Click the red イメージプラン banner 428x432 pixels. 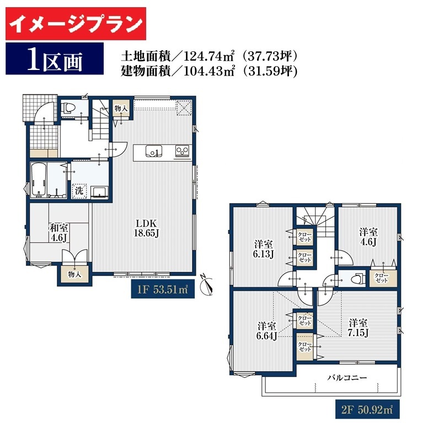(76, 24)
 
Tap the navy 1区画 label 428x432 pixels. (55, 58)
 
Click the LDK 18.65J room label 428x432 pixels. (146, 228)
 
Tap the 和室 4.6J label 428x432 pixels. (58, 233)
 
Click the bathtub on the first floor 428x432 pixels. (39, 180)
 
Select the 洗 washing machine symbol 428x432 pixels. (79, 191)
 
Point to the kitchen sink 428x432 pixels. (153, 151)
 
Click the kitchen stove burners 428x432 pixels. (182, 151)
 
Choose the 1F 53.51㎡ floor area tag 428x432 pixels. (163, 289)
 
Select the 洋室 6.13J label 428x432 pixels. (264, 249)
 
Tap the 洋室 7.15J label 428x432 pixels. (358, 328)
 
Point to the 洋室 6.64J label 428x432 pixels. (267, 331)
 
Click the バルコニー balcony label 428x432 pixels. (347, 377)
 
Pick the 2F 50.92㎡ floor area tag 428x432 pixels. (367, 410)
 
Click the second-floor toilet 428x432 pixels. (357, 279)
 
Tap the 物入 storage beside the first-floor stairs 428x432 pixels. (121, 108)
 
